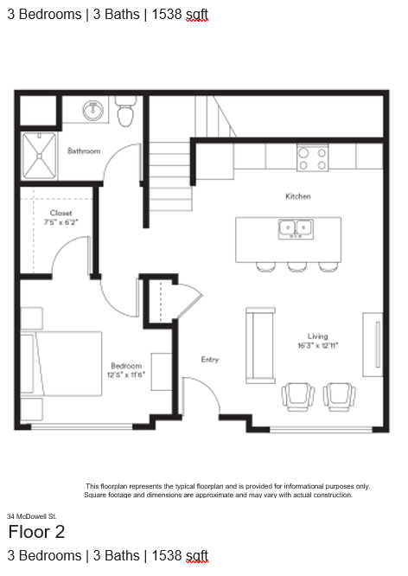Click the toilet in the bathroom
pos(126,112)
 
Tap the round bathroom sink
pos(92,110)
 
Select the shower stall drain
pos(39,157)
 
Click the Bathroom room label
pos(84,151)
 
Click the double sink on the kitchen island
pos(296,229)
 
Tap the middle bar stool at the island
pos(297,266)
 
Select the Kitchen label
pos(298,196)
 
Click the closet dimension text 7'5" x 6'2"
pos(61,222)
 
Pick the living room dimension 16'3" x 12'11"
pos(317,346)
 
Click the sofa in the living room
pos(260,345)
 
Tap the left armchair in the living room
pos(298,397)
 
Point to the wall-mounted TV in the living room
pos(377,344)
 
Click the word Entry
pos(210,360)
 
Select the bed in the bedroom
pos(61,363)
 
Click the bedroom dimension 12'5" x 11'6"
pos(126,375)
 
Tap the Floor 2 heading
pos(36,532)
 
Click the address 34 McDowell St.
pos(32,516)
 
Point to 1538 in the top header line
pos(166,15)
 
